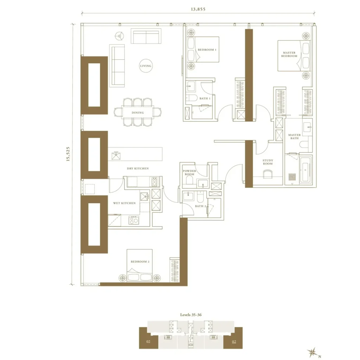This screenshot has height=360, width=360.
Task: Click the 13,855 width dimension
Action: [198, 9]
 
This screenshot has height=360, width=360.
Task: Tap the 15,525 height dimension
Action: [68, 154]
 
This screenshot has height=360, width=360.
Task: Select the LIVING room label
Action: [146, 66]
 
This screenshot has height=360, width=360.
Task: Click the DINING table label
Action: [138, 112]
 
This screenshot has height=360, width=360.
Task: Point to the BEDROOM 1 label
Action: [207, 50]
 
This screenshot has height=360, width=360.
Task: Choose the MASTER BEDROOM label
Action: [289, 54]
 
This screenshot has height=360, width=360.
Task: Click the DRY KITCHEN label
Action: [138, 168]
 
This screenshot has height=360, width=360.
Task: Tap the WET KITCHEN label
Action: [124, 203]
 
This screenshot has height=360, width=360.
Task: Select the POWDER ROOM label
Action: [189, 172]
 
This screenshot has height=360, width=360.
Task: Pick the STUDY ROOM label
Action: [268, 162]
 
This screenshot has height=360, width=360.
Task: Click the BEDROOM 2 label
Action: [140, 262]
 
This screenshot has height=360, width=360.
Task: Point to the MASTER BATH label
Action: [294, 137]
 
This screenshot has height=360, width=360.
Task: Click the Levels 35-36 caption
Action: [191, 315]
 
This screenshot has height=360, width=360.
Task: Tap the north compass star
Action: [313, 352]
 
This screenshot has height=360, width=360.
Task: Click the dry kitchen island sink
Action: [116, 156]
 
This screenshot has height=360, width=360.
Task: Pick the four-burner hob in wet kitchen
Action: [133, 220]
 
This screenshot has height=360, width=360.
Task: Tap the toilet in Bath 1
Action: [191, 98]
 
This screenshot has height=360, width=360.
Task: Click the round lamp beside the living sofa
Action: [120, 36]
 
